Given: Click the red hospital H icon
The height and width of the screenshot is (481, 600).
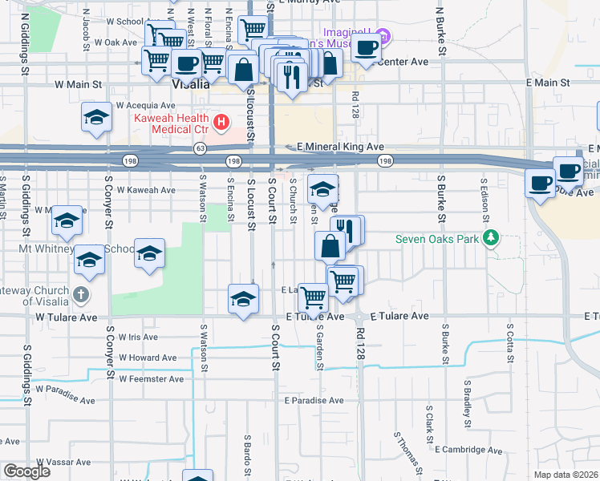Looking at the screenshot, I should pos(221,123).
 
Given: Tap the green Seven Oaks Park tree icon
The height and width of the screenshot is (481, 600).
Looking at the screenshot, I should pos(496,239).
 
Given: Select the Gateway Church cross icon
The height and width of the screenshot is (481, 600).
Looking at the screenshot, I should pos(79,294).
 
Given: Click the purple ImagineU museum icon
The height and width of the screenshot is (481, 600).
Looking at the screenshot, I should pos(383,36).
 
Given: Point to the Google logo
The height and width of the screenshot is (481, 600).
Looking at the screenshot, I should pos(26,471).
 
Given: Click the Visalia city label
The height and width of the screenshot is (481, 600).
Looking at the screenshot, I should pos(191,83).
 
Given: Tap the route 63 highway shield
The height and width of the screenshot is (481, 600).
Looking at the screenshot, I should pos(200,148).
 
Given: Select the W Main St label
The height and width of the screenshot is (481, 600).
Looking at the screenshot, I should pos(79,83).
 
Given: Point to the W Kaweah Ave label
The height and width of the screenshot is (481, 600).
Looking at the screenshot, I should pos(146,190).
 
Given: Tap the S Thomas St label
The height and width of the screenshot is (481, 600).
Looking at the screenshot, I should pos(408,450).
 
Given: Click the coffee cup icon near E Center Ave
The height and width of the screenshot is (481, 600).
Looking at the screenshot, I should pos(366,47).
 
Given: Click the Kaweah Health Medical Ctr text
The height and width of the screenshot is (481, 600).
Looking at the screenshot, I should pos(169,123).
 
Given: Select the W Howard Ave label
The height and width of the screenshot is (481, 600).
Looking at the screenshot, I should pos(147,358).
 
